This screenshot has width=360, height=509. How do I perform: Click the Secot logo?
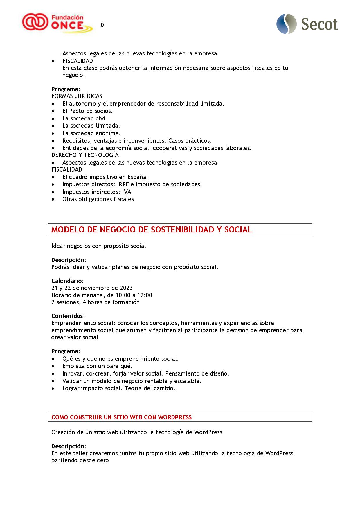click(x=307, y=24)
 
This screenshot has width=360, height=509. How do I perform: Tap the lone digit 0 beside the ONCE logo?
click(x=102, y=25)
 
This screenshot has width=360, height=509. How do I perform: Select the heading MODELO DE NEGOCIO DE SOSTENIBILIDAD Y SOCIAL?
click(x=152, y=230)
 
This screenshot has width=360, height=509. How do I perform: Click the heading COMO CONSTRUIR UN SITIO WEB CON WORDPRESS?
click(x=121, y=417)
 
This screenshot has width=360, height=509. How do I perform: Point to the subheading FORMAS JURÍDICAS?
click(x=77, y=96)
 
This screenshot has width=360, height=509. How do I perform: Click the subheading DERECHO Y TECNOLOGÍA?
click(x=85, y=155)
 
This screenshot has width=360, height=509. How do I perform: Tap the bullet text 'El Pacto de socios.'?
click(x=87, y=111)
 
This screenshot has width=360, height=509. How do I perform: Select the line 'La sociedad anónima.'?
click(x=91, y=133)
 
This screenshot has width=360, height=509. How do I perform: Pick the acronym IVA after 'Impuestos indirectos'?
click(x=127, y=192)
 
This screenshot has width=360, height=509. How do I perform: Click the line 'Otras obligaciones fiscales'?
click(x=98, y=199)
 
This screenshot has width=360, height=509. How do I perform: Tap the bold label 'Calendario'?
click(x=67, y=281)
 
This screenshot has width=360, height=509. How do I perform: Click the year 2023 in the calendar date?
click(x=126, y=288)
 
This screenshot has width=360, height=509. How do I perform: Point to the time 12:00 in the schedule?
click(x=145, y=295)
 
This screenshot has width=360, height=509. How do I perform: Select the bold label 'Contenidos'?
click(x=68, y=316)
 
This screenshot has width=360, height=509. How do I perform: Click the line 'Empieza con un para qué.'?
click(x=97, y=366)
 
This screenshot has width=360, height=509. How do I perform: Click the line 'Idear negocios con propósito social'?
click(x=99, y=246)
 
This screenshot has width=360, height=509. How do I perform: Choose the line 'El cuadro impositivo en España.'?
click(x=105, y=177)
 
